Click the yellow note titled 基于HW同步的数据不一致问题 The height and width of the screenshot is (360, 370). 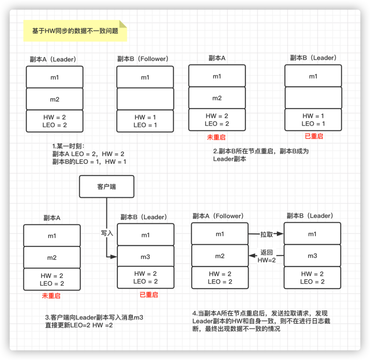click(x=75, y=31)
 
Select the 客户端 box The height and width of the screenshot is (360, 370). click(x=107, y=187)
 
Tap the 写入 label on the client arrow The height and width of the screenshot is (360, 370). click(x=107, y=233)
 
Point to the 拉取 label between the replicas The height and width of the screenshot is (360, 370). click(x=267, y=235)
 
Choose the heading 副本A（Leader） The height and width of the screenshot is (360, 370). click(x=53, y=59)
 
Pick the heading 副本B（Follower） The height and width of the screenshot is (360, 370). click(x=143, y=59)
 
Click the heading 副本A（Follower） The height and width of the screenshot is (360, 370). click(x=218, y=216)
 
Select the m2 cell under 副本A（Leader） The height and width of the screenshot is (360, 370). click(x=55, y=99)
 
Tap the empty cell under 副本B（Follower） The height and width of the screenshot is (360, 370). click(x=145, y=99)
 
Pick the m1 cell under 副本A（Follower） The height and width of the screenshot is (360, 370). click(x=220, y=234)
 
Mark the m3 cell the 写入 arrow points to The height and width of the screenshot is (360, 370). click(x=146, y=257)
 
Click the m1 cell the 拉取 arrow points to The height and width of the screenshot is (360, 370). click(x=312, y=234)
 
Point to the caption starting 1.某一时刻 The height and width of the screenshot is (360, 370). click(x=89, y=154)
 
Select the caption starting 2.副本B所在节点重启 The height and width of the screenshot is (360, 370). click(x=261, y=155)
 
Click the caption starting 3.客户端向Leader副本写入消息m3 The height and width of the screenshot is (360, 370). click(x=94, y=321)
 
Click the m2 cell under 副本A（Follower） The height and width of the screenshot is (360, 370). click(x=220, y=256)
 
